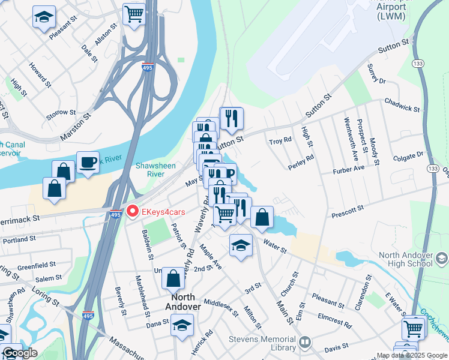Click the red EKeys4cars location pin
coord(133,212)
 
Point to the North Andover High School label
coord(405,259)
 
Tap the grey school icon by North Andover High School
coord(441,258)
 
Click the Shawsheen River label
coord(155,170)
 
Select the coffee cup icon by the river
coord(88,163)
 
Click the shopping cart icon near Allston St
coord(134,13)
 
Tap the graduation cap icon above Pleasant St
coord(43,17)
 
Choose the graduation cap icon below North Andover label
coord(182,326)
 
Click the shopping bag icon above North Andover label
coord(173,278)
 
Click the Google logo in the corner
coord(19,353)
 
